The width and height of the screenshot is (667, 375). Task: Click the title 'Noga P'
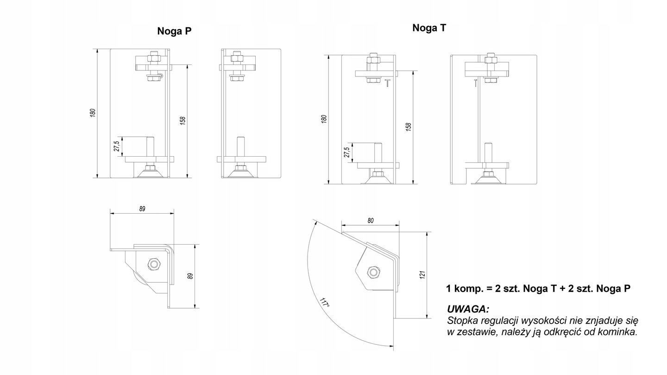pyautogui.click(x=174, y=32)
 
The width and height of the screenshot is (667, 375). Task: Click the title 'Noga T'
pyautogui.click(x=429, y=28)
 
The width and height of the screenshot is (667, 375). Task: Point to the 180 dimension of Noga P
pyautogui.click(x=93, y=113)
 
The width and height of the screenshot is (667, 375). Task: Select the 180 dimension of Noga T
pyautogui.click(x=324, y=119)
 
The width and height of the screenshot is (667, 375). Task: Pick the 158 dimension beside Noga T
pyautogui.click(x=408, y=126)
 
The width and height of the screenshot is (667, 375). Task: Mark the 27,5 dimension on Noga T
pyautogui.click(x=346, y=153)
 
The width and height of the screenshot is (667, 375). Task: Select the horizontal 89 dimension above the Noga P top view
pyautogui.click(x=142, y=209)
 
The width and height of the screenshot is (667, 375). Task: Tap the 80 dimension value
pyautogui.click(x=371, y=221)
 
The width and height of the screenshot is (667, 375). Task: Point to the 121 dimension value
pyautogui.click(x=422, y=275)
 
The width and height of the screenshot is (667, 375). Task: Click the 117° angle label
pyautogui.click(x=325, y=303)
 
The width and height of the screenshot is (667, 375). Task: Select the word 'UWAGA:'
pyautogui.click(x=468, y=309)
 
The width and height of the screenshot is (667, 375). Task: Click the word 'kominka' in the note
pyautogui.click(x=621, y=332)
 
